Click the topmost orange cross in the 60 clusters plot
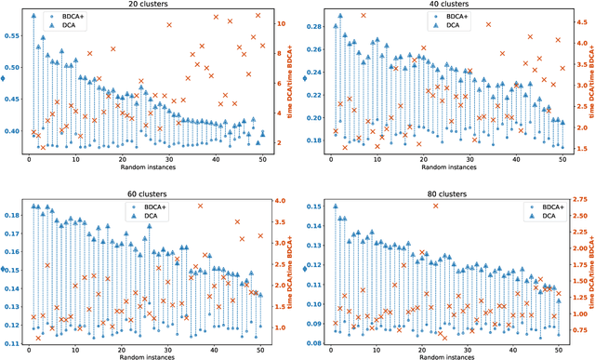pos(200,206)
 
